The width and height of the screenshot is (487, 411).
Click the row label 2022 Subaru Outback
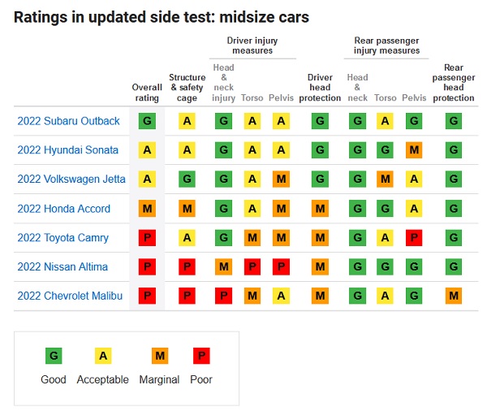pos(68,121)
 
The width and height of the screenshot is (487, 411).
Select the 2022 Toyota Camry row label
pos(63,238)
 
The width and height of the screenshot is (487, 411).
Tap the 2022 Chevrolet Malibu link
pos(70,296)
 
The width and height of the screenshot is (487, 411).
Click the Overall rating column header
pos(147,93)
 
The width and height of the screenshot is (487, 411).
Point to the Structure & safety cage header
pos(187,88)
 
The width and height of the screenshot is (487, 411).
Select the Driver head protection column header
pos(320,88)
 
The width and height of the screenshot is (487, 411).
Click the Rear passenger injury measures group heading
pos(386,45)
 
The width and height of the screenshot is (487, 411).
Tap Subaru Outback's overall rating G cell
pos(147,121)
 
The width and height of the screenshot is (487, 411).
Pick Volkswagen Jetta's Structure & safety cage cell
pos(187,179)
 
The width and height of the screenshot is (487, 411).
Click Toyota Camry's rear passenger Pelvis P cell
pos(414,237)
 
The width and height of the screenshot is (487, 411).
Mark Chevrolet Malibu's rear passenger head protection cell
pos(454,296)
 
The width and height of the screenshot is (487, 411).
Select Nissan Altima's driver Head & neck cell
pos(224,266)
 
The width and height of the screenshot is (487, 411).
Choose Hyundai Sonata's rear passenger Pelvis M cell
pos(414,150)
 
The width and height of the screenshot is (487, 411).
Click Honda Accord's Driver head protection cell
pos(321,208)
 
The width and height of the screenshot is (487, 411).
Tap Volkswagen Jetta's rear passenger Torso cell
pos(385,179)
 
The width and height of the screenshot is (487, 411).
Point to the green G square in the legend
pos(54,356)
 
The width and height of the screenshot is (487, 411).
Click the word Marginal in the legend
pos(159,379)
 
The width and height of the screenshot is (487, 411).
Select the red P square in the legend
pos(201,356)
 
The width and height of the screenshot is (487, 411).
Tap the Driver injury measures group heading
pos(252,45)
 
